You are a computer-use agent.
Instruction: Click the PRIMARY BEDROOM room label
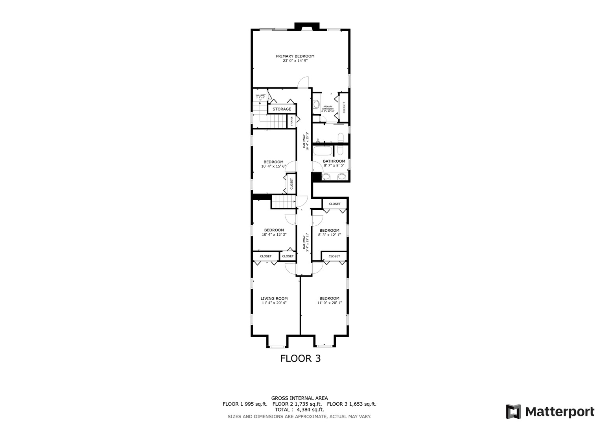(295, 56)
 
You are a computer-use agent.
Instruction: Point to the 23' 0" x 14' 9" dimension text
(295, 61)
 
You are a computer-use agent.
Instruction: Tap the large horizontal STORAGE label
(282, 109)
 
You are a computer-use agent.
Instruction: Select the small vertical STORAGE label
(292, 121)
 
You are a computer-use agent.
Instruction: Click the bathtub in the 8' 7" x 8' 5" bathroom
(323, 151)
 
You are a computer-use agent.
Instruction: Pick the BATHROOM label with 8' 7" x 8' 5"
(334, 161)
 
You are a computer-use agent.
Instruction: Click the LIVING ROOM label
(274, 299)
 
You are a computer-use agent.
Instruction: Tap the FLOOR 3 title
(300, 358)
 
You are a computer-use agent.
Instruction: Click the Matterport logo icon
(513, 412)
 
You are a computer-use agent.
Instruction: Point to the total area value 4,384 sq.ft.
(307, 410)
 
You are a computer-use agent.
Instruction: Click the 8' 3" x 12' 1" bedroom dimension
(329, 235)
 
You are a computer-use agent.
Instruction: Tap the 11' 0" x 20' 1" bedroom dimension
(329, 303)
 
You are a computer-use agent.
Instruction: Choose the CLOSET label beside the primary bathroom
(344, 107)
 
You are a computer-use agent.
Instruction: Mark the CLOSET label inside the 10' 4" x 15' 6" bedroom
(291, 184)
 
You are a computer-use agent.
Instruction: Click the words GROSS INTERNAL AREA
(299, 398)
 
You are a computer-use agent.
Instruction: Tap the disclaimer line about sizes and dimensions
(299, 416)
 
